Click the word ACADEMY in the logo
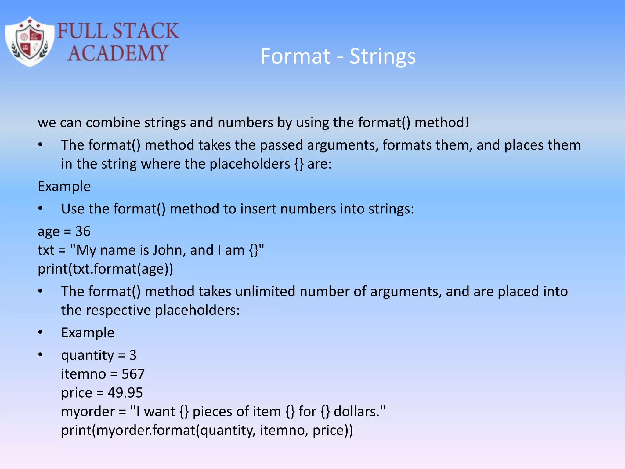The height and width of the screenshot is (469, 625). point(117,53)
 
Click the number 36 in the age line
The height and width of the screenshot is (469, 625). point(83,231)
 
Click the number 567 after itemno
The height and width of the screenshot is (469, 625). point(133,374)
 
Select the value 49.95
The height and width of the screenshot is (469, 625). point(125,393)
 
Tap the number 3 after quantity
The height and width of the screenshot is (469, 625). point(133,355)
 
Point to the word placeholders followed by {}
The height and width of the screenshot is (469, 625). point(250,164)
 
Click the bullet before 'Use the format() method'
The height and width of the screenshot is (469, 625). point(41,209)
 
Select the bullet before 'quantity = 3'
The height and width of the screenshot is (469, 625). point(41,355)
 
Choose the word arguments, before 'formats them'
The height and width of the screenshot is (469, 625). point(343,145)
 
